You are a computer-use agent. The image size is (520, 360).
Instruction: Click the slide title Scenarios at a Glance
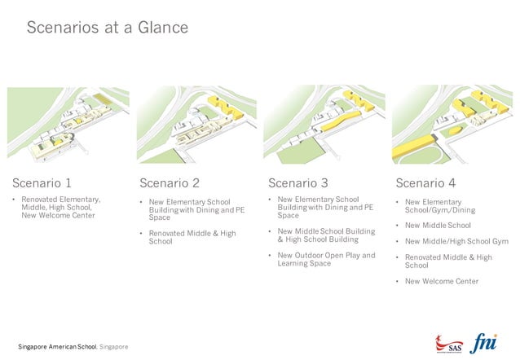pyautogui.click(x=107, y=28)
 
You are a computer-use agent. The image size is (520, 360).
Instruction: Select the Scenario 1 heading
pyautogui.click(x=47, y=182)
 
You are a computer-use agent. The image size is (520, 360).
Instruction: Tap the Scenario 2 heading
pyautogui.click(x=169, y=182)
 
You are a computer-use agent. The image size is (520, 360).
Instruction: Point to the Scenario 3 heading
pyautogui.click(x=298, y=182)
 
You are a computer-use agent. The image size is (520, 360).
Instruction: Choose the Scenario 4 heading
pyautogui.click(x=425, y=182)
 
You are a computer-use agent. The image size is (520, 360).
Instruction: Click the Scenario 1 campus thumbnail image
pyautogui.click(x=68, y=125)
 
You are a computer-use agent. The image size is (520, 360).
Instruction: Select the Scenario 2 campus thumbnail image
pyautogui.click(x=196, y=125)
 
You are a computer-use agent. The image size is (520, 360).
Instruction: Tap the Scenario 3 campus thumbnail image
pyautogui.click(x=324, y=125)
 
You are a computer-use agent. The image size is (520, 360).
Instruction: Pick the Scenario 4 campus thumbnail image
pyautogui.click(x=452, y=125)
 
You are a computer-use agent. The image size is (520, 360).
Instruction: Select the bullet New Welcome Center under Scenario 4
pyautogui.click(x=441, y=282)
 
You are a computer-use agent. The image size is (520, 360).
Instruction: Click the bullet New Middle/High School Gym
pyautogui.click(x=456, y=241)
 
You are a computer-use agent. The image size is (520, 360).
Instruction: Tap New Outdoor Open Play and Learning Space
pyautogui.click(x=325, y=259)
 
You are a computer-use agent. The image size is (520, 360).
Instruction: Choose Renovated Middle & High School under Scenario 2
pyautogui.click(x=192, y=237)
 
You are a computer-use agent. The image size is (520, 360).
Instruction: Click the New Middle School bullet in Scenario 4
pyautogui.click(x=438, y=225)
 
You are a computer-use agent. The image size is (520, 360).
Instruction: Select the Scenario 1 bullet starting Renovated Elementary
pyautogui.click(x=60, y=208)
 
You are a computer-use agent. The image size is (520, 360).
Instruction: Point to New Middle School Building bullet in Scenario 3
pyautogui.click(x=325, y=235)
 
